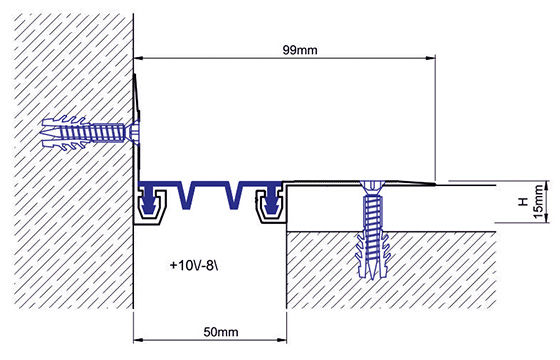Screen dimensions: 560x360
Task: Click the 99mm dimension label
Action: (300, 50)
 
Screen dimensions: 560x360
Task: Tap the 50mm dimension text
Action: (221, 332)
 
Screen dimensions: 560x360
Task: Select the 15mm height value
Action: (539, 202)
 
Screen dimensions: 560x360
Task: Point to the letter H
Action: (523, 202)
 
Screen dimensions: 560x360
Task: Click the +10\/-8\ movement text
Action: (194, 265)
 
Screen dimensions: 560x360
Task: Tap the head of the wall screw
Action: (134, 130)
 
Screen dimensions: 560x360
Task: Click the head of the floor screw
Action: (372, 186)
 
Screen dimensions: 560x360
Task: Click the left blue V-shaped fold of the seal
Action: (186, 196)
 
